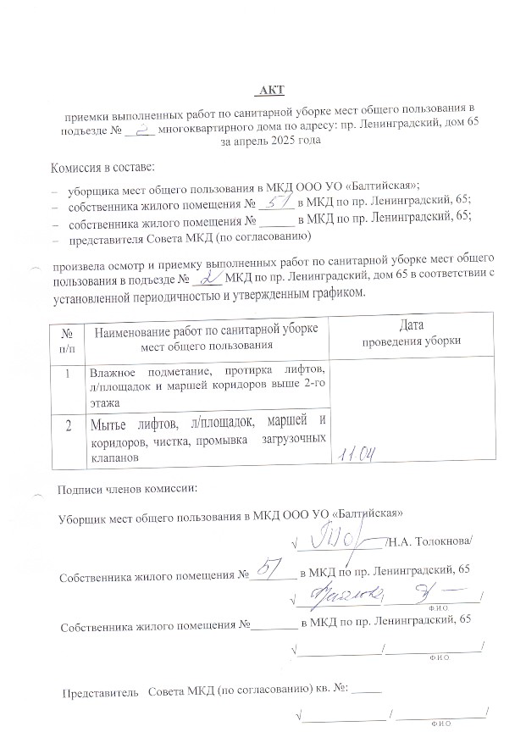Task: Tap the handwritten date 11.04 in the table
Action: click(357, 455)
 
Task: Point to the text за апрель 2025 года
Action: click(270, 144)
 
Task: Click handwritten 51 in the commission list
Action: click(276, 203)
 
